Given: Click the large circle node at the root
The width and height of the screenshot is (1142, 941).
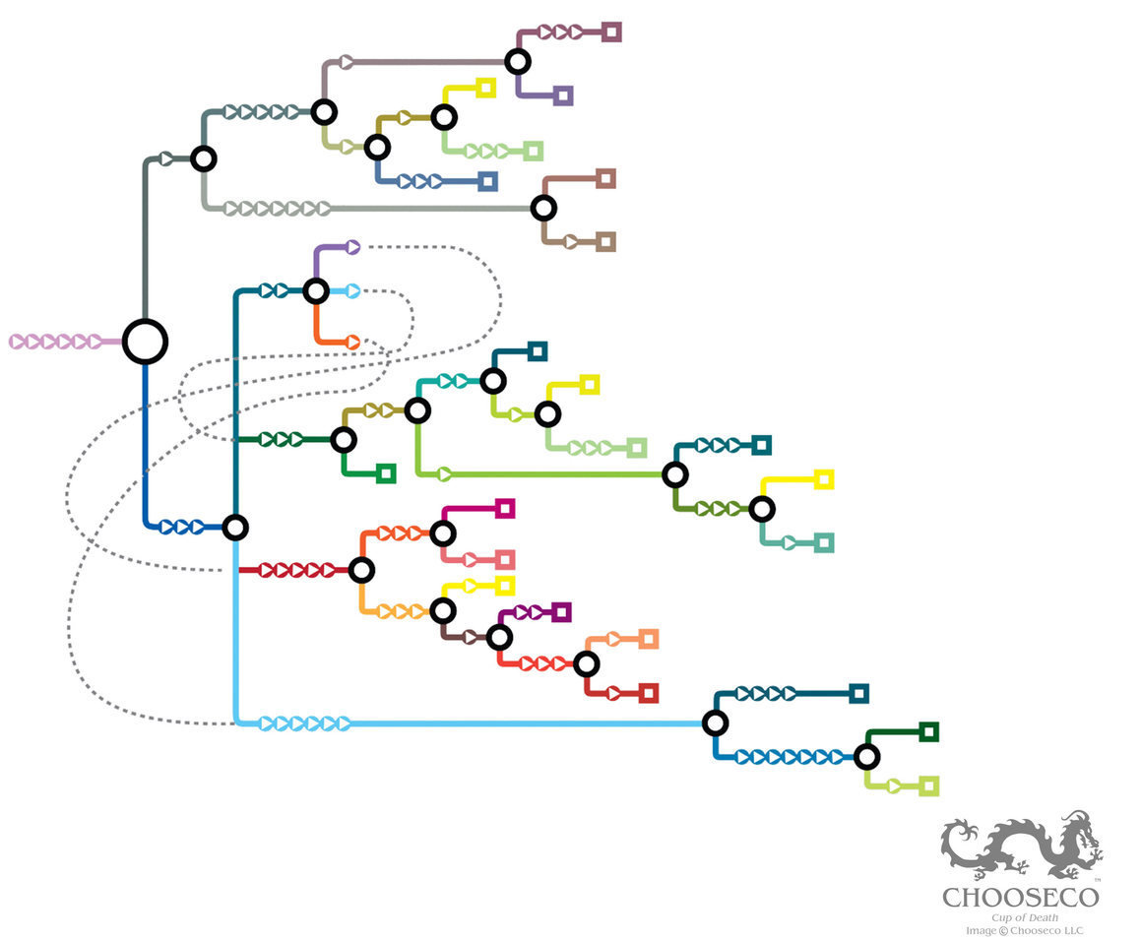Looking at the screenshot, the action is tap(145, 342).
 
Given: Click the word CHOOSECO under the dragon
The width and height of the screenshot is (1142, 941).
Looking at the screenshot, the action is tap(1020, 898).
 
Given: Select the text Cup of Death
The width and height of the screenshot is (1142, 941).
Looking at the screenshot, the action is tap(1024, 917).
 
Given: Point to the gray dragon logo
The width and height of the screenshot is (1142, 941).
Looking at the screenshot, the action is tap(1022, 846).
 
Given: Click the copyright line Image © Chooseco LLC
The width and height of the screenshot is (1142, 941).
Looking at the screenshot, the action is tap(1024, 930).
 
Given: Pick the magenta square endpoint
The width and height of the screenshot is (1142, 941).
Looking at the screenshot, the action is tap(505, 508).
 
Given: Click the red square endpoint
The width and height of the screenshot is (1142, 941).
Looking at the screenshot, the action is tap(648, 693).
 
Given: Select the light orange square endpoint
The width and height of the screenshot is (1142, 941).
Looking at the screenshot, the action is tap(648, 639).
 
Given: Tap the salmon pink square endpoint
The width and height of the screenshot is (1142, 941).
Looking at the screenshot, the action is tap(505, 560).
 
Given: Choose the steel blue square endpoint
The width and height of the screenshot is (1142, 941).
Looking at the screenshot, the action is tap(487, 181).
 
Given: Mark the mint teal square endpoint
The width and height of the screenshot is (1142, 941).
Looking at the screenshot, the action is tap(825, 542).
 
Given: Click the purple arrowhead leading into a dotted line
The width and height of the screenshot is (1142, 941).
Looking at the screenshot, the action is tap(352, 247).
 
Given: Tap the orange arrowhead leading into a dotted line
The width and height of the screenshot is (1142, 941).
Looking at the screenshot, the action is tap(352, 343).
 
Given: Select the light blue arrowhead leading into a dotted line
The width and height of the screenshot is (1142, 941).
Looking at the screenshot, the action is tap(352, 291).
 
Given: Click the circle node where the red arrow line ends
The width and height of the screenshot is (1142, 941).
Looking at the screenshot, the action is tap(361, 570).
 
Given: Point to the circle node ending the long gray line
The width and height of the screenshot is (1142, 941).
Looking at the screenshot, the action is tap(543, 209).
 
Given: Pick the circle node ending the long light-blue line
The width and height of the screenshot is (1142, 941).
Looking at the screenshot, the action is tap(716, 723).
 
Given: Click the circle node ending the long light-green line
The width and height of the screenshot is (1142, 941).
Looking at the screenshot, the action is tap(674, 474).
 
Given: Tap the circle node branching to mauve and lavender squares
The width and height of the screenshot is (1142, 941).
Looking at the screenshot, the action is tap(518, 62).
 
